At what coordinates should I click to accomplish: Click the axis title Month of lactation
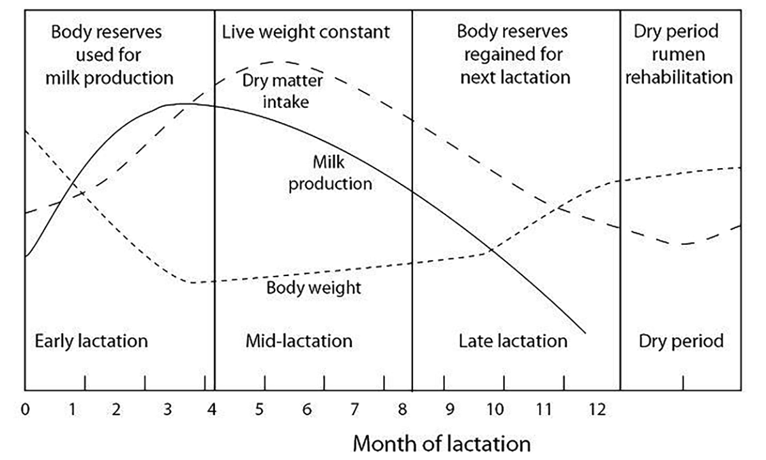pos(441,442)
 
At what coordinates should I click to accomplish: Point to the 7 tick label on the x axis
pos(354,408)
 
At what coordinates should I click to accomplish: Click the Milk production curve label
pos(329,173)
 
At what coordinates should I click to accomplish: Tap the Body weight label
pos(313,287)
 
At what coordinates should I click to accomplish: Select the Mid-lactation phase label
pos(299,341)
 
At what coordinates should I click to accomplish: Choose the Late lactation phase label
pos(513,341)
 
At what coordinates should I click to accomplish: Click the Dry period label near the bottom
pos(681,341)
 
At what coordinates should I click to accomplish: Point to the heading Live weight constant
pos(306,32)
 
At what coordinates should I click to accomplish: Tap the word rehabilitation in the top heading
pos(679,77)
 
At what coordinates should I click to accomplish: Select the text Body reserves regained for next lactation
pos(514,55)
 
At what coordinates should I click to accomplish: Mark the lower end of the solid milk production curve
pos(585,332)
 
